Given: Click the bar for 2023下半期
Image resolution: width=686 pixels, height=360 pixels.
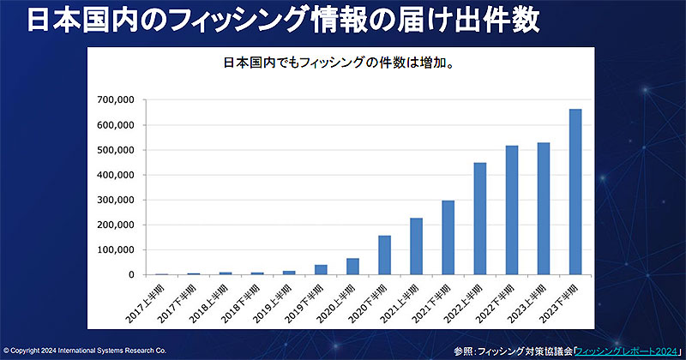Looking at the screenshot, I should pos(575,192).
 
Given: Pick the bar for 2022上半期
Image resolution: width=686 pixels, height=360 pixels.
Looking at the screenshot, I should pos(480,219).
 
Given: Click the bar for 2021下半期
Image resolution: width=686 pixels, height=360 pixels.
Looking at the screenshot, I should pos(448,237).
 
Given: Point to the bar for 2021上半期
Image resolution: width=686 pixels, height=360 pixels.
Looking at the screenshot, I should pos(416,246).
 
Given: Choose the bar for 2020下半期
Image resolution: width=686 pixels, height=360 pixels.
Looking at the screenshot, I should pos(384,255).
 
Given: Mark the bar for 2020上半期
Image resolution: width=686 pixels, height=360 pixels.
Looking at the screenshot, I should pos(352,267).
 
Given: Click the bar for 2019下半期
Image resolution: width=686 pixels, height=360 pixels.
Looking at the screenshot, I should pos(321,270).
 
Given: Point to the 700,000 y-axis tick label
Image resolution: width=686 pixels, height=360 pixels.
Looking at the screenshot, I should pos(116,100).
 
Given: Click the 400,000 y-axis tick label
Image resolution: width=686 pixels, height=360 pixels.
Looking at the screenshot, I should pos(116,175).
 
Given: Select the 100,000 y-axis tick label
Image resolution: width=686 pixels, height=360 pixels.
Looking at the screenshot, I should pos(116,250).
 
